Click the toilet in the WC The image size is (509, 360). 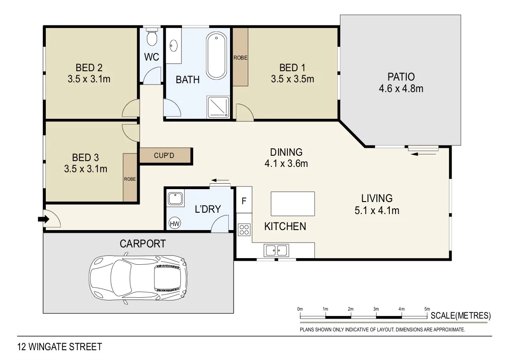tap(152, 36)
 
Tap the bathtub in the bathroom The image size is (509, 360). tap(217, 56)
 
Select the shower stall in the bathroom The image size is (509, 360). tap(218, 107)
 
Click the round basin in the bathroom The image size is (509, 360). tap(174, 45)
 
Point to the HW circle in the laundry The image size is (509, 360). tap(175, 223)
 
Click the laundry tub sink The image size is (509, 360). tap(175, 198)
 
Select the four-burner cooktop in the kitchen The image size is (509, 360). tap(244, 230)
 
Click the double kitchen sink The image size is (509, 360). tap(277, 250)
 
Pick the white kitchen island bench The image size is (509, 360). tap(293, 204)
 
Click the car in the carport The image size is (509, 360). tap(138, 279)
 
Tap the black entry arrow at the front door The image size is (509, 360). tap(44, 219)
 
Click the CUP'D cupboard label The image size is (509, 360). tap(164, 155)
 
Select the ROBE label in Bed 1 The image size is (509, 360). tap(241, 57)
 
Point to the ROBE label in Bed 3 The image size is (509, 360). tap(130, 179)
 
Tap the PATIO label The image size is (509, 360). tap(401, 77)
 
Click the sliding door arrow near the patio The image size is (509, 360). tap(424, 154)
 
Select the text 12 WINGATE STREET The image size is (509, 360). tap(60, 347)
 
